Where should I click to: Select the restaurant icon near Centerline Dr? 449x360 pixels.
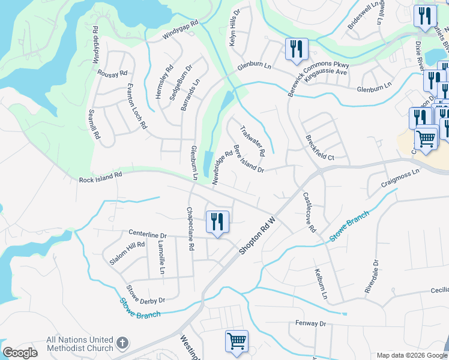pyautogui.click(x=217, y=222)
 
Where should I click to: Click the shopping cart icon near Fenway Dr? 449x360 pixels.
pyautogui.click(x=237, y=341)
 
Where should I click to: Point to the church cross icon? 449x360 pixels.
pyautogui.click(x=122, y=344)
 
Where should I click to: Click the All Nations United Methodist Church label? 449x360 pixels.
pyautogui.click(x=80, y=344)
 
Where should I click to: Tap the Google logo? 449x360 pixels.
pyautogui.click(x=20, y=353)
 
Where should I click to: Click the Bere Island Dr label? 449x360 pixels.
pyautogui.click(x=249, y=159)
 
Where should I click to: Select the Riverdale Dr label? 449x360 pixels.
pyautogui.click(x=372, y=276)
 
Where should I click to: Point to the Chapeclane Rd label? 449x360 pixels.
pyautogui.click(x=190, y=229)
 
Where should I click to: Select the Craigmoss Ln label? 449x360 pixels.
pyautogui.click(x=400, y=181)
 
